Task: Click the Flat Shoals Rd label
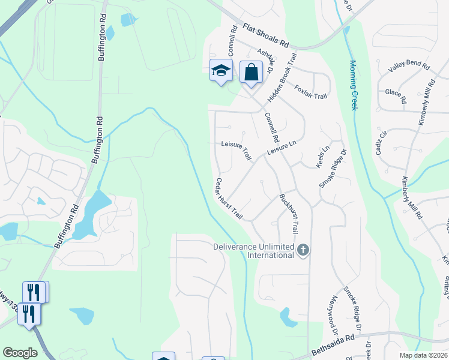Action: coord(266,36)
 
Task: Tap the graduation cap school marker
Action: coord(221,71)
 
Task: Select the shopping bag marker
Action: coord(251,72)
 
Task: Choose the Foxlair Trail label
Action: coord(311,92)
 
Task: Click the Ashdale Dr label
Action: coord(265,60)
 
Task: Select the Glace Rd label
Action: coord(396,96)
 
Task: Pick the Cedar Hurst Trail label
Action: coord(229,198)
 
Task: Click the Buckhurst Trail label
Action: coord(289,214)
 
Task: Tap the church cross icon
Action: coord(303,250)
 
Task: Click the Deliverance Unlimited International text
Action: coord(254,251)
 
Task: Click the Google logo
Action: coord(20,353)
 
